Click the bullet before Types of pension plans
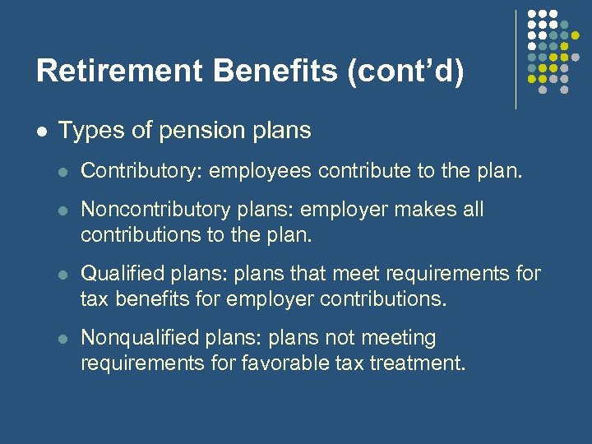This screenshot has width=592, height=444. pyautogui.click(x=41, y=131)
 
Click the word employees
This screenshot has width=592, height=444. pyautogui.click(x=261, y=171)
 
